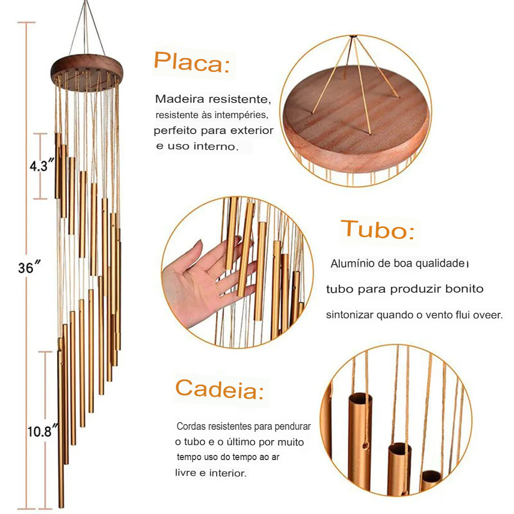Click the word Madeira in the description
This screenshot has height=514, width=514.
[175, 98]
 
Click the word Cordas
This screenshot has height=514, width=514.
[189, 427]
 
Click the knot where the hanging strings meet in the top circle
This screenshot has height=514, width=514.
[353, 36]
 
